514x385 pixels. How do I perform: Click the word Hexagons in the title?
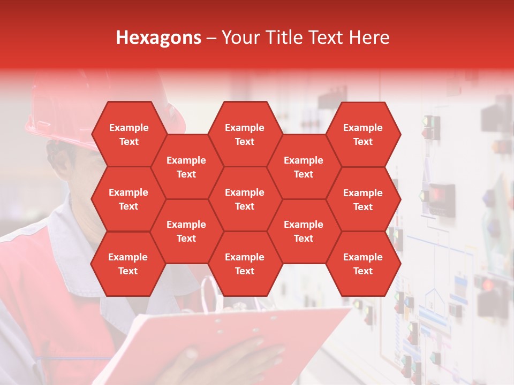coord(158,37)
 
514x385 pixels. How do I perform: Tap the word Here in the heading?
coord(369,37)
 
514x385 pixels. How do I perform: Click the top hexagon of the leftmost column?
coord(128,134)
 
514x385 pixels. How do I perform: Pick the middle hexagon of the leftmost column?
coord(128,199)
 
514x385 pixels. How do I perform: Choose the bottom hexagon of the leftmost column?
coord(128,264)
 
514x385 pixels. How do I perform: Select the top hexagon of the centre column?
coord(245,134)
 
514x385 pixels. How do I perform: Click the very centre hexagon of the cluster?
coord(245,199)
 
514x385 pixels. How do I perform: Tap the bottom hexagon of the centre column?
coord(245,264)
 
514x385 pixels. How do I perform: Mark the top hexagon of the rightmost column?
coord(363,134)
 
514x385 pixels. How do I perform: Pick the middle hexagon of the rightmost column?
coord(363,199)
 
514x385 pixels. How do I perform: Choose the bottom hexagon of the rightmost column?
coord(363,264)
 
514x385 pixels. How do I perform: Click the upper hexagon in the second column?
coord(186,167)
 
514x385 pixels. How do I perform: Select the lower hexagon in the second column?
coord(186,231)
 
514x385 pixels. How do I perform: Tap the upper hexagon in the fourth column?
coord(304,167)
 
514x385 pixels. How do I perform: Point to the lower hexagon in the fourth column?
coord(304,231)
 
